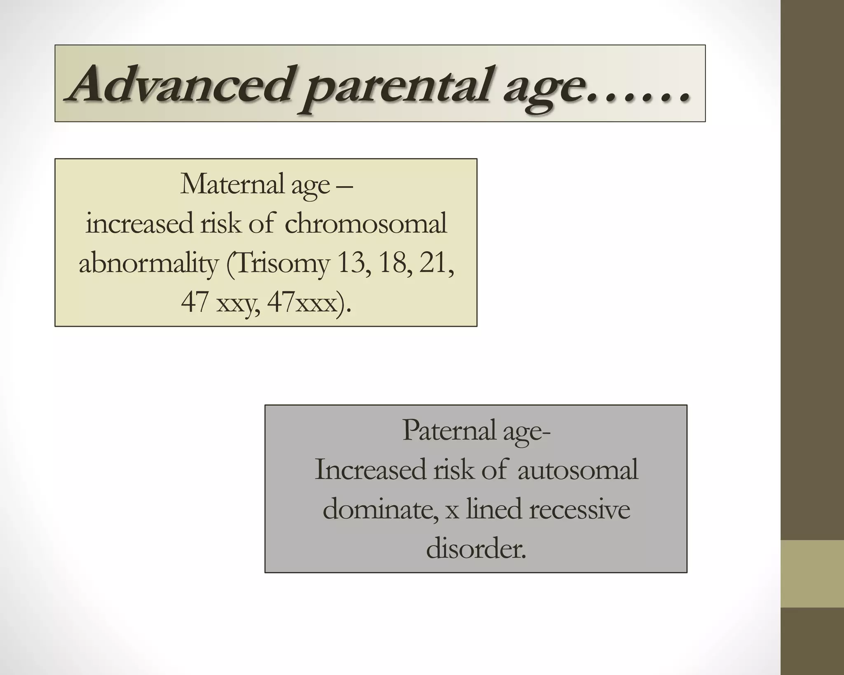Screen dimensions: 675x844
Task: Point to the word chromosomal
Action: click(x=366, y=224)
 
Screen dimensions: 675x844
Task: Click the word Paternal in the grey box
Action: click(x=448, y=430)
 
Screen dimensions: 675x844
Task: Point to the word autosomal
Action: click(x=578, y=469)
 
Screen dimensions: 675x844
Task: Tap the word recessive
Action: click(x=579, y=509)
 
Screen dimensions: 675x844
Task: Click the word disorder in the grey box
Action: click(x=476, y=548)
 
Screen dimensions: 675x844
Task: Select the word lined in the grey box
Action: click(x=494, y=509)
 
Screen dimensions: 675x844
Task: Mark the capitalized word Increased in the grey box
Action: click(x=370, y=469)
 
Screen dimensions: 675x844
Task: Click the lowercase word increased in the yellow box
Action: click(x=139, y=224)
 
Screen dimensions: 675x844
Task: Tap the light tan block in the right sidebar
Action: click(x=812, y=574)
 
